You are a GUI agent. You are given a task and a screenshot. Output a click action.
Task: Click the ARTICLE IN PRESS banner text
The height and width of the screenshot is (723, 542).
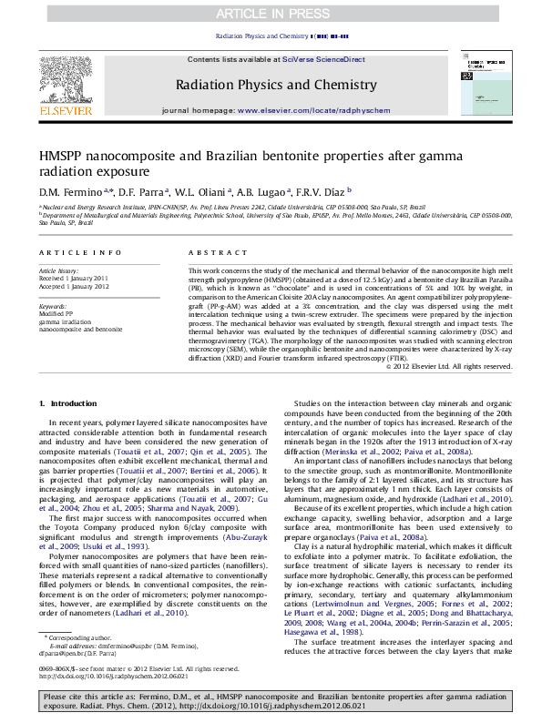pyautogui.click(x=270, y=14)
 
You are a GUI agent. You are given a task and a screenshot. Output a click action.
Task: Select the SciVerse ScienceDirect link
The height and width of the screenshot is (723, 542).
pyautogui.click(x=322, y=59)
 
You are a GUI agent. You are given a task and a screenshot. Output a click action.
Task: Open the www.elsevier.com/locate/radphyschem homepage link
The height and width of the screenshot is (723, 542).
pyautogui.click(x=307, y=109)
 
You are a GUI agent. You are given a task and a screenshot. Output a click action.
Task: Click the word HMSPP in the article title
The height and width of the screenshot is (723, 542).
pyautogui.click(x=62, y=156)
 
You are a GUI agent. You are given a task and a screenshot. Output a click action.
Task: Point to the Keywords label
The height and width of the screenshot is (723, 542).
pyautogui.click(x=53, y=306)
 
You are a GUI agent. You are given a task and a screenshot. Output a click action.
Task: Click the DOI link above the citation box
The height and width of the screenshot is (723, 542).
pyautogui.click(x=113, y=677)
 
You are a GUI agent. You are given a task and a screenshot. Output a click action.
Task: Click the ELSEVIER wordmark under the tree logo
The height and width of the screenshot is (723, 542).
pyautogui.click(x=65, y=112)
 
